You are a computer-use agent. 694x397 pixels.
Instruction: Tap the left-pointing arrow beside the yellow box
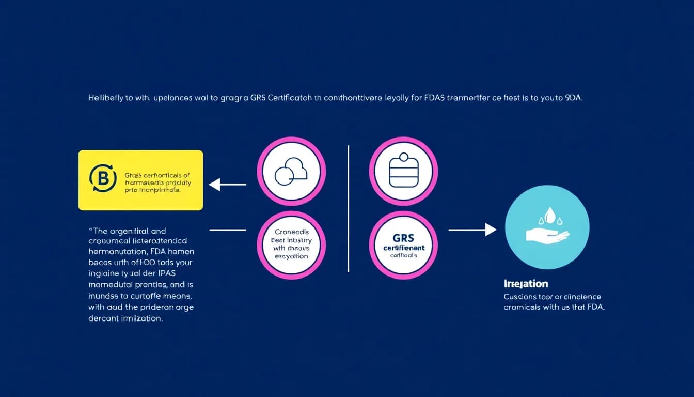pos(227,184)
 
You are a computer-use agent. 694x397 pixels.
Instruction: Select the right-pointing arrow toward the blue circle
pos(472,230)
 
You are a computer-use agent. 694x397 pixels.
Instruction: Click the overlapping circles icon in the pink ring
pos(291,171)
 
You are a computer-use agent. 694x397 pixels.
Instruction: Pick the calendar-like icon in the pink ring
pos(403,171)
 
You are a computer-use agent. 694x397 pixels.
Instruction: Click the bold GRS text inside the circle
pos(403,239)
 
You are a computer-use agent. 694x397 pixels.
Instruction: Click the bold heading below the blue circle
pos(526,284)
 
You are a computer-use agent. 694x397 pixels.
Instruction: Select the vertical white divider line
pos(349,208)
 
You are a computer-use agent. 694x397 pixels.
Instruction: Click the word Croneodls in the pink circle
pos(291,232)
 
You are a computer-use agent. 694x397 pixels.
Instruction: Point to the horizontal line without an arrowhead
pos(227,230)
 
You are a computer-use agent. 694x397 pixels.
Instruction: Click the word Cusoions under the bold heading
pos(522,297)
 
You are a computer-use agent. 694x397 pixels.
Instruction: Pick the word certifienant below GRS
pos(403,248)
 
